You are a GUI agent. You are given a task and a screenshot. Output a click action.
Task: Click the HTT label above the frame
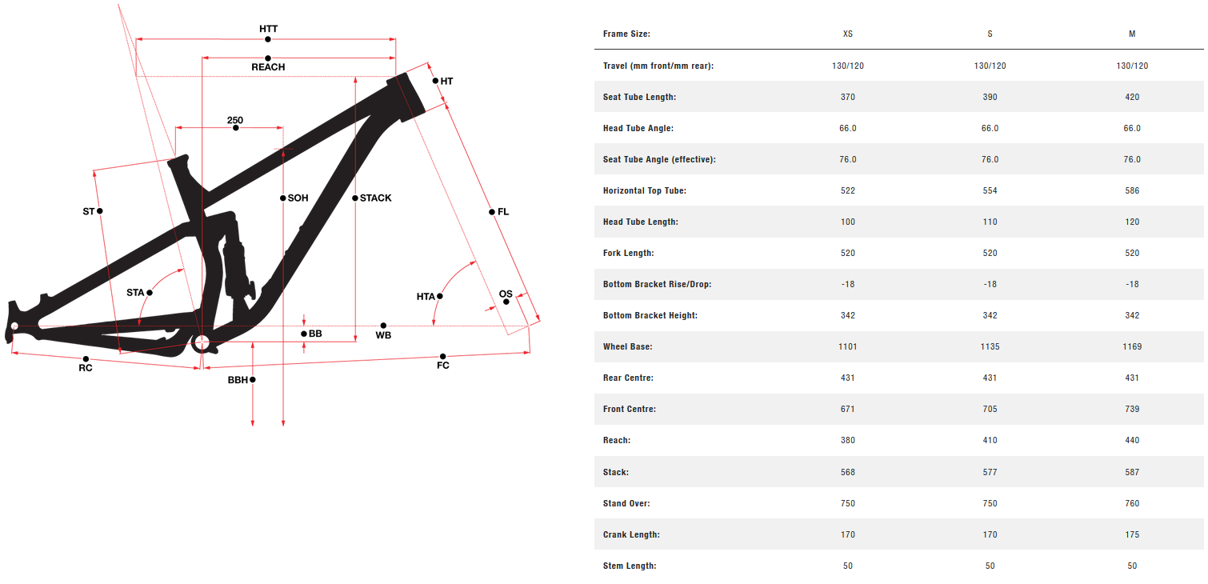[x=268, y=29]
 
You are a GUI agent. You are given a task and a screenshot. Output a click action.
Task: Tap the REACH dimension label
[x=268, y=67]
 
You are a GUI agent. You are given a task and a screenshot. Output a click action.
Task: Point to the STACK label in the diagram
[x=375, y=198]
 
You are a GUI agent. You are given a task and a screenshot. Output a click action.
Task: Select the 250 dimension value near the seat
[x=234, y=121]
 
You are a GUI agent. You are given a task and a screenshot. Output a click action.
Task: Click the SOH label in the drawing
[x=298, y=198]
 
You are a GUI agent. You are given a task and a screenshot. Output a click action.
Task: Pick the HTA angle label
[x=426, y=297]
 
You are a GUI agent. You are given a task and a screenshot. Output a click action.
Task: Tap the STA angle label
[x=135, y=293]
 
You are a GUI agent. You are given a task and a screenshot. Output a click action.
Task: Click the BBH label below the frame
[x=238, y=380]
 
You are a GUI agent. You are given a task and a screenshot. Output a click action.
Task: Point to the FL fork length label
[x=502, y=212]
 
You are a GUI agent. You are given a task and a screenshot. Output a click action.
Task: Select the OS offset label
[x=506, y=294]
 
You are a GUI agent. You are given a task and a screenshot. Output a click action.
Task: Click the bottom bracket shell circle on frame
[x=201, y=344]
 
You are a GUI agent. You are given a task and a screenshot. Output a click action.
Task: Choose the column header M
[x=1132, y=34]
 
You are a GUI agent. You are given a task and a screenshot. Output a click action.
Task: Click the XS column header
[x=847, y=34]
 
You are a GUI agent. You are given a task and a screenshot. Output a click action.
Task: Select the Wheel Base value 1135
[x=990, y=346]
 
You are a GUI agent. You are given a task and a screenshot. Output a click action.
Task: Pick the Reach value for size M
[x=1132, y=440]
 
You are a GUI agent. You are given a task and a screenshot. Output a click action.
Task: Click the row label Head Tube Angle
[x=638, y=128]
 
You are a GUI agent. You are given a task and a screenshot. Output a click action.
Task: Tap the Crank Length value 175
[x=1132, y=534]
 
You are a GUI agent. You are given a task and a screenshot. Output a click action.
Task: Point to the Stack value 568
[x=847, y=472]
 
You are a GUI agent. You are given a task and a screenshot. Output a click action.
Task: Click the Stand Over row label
[x=626, y=503]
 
